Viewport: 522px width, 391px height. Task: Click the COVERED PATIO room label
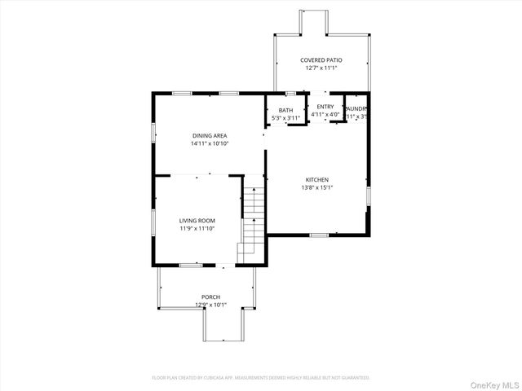(321, 60)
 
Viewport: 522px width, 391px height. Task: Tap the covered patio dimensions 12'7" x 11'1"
(321, 68)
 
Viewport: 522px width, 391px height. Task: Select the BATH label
(285, 111)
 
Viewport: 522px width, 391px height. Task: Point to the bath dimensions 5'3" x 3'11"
(285, 119)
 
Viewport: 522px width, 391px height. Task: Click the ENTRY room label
(325, 107)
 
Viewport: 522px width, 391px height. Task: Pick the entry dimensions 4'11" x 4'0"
(325, 115)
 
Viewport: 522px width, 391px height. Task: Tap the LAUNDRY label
(356, 108)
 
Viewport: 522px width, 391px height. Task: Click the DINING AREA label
(210, 135)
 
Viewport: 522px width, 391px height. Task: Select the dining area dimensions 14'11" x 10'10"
(210, 143)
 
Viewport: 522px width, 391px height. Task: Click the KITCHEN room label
(317, 180)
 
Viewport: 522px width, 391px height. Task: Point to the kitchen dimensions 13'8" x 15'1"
(317, 188)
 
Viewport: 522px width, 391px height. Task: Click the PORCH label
(210, 297)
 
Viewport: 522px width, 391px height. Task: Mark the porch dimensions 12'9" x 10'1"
(210, 305)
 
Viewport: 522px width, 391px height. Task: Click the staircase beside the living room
(253, 224)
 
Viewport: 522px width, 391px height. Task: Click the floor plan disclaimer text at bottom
(261, 378)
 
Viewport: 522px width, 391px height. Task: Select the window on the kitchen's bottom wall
(319, 235)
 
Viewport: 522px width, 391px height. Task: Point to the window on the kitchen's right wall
(369, 196)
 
